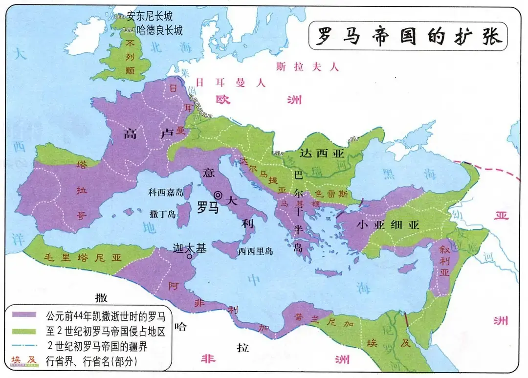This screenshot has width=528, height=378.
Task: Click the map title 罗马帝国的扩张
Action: (408, 36)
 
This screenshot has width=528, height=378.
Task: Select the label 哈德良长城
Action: (159, 30)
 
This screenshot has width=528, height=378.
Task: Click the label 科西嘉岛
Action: (166, 193)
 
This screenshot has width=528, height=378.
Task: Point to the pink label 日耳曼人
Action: (230, 82)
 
